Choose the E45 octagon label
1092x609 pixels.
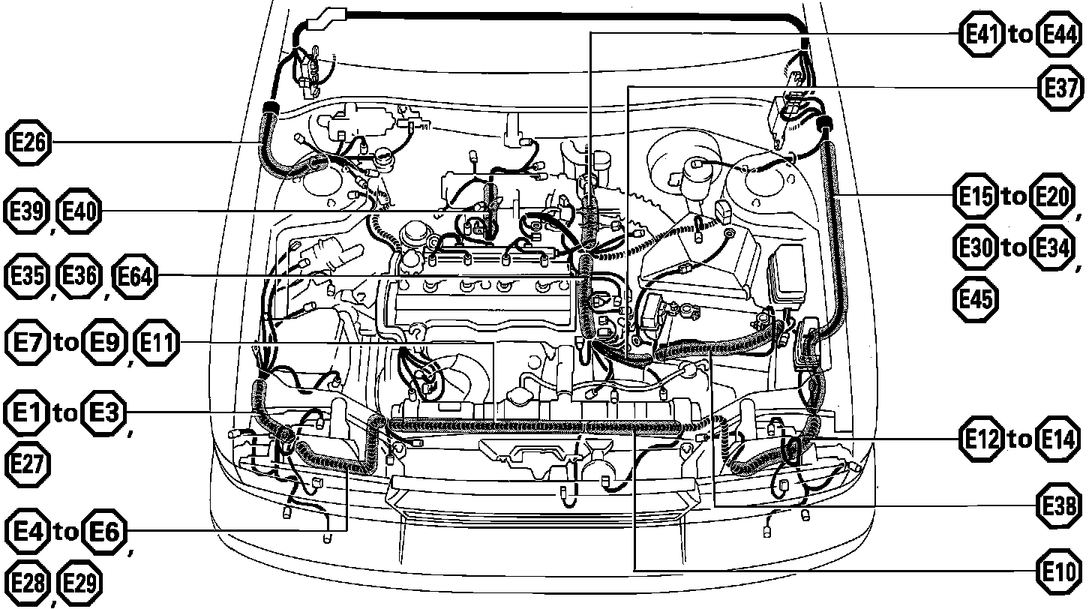point(975,299)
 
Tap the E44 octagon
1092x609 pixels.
point(1058,35)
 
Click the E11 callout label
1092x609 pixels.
point(157,344)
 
